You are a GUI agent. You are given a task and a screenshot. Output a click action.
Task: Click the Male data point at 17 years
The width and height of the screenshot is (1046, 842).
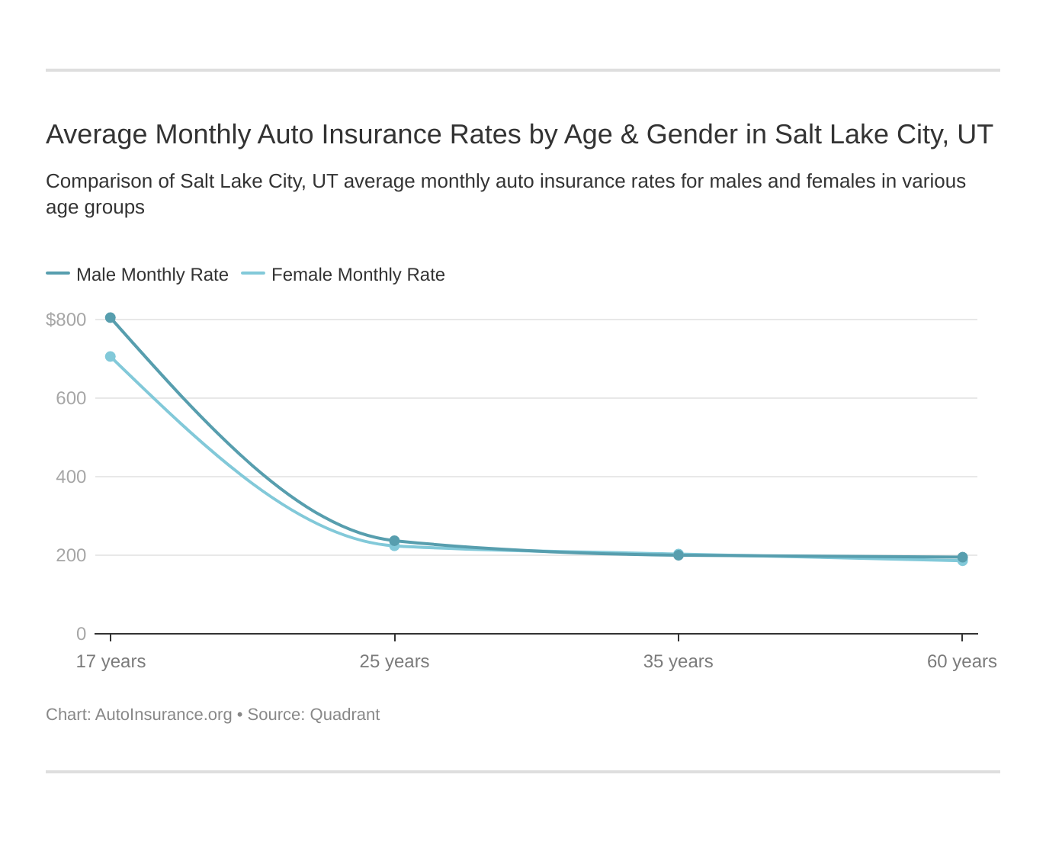(111, 318)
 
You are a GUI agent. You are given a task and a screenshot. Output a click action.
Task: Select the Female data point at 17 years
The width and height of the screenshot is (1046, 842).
(111, 357)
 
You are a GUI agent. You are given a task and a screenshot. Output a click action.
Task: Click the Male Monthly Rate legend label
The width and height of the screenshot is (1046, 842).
(152, 275)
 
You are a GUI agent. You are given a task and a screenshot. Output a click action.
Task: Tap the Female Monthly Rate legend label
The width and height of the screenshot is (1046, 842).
(358, 275)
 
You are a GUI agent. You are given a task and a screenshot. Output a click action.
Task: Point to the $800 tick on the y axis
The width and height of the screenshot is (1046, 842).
(66, 320)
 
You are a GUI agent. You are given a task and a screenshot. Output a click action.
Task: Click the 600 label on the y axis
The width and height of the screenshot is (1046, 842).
(71, 398)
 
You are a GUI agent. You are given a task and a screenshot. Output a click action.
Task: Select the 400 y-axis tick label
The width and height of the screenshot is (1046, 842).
(71, 477)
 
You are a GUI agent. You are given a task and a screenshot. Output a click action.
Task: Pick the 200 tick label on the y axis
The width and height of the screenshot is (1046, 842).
(71, 555)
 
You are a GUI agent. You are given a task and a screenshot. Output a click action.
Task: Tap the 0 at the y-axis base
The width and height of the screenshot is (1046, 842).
(81, 634)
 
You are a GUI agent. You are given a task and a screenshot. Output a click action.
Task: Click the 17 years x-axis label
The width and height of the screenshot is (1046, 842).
(111, 661)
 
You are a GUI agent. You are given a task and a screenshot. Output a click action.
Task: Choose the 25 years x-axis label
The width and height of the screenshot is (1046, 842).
(394, 661)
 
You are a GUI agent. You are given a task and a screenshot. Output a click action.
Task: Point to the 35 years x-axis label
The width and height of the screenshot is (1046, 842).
(678, 661)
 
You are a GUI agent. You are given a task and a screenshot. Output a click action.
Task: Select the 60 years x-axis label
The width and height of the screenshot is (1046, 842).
(961, 661)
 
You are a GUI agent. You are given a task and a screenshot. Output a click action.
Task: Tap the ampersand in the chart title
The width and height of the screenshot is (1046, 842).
(629, 134)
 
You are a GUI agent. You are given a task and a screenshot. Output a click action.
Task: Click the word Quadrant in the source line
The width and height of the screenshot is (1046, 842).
(345, 715)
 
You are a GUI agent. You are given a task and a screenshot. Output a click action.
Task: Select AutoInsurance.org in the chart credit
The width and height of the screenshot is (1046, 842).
(163, 715)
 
